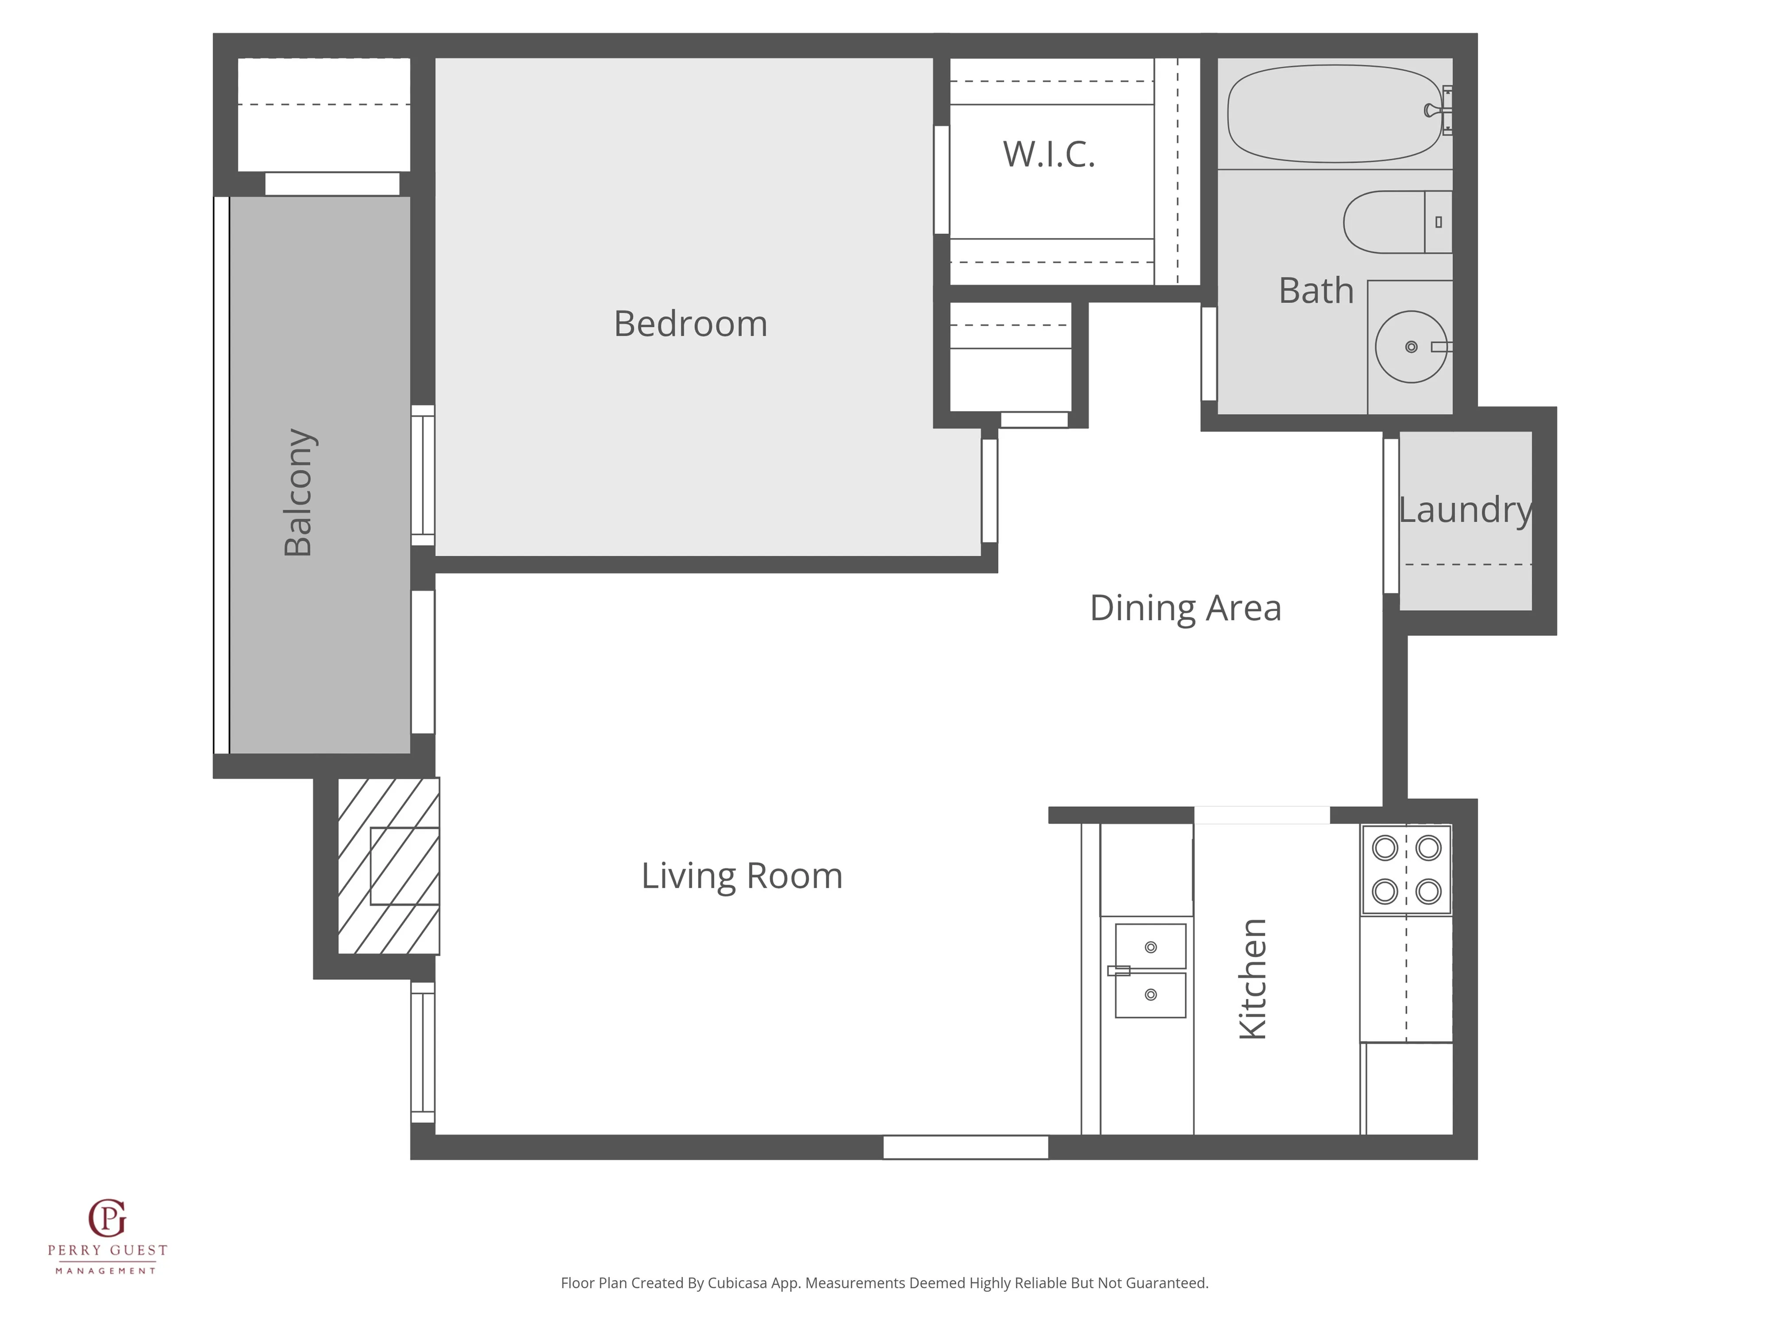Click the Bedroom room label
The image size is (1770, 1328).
pos(691,324)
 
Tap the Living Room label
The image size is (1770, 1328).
pos(742,876)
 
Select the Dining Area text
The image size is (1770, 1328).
pos(1185,608)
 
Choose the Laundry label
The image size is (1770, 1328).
pos(1465,510)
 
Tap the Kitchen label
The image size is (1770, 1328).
pos(1252,979)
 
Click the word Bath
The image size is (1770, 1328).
pos(1316,290)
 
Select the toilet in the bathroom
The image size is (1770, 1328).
pos(1398,222)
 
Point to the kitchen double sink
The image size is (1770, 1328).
pos(1150,970)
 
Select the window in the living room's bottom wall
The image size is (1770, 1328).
pos(966,1147)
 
